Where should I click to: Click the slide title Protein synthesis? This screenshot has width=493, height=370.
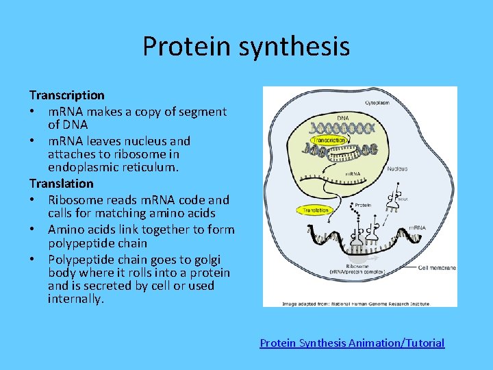[x=246, y=47]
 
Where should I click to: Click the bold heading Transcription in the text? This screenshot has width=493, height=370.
[x=66, y=95]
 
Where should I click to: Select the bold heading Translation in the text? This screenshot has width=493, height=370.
[x=61, y=184]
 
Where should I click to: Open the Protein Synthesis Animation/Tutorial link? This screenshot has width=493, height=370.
[x=352, y=343]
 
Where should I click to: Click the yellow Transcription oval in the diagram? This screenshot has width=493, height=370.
[x=329, y=140]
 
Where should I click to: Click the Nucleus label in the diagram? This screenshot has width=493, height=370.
[x=397, y=169]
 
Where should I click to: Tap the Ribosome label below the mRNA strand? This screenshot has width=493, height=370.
[x=355, y=266]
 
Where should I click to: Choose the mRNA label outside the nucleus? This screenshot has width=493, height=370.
[x=418, y=227]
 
